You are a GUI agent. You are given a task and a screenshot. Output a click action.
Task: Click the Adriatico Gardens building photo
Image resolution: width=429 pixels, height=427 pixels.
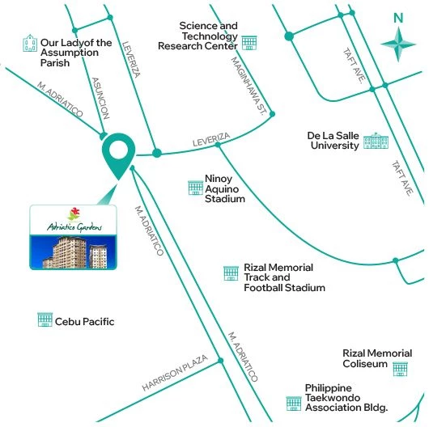pos(70,239)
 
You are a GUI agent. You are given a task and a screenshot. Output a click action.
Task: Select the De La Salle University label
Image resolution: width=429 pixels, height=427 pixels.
pos(332,140)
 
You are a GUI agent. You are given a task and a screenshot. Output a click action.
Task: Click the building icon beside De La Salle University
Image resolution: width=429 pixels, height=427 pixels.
pos(376,142)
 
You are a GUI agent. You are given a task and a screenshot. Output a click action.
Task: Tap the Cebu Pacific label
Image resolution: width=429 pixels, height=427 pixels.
pos(84,322)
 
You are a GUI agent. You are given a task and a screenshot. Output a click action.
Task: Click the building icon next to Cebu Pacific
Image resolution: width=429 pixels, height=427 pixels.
pos(45,320)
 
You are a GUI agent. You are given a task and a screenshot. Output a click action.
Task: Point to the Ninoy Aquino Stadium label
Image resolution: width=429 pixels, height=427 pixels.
pos(224,188)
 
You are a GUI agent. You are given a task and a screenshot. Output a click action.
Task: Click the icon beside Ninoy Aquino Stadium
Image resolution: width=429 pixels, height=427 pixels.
pos(194,188)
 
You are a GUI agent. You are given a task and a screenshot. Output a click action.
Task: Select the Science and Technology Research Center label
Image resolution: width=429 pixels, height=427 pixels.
pos(209,36)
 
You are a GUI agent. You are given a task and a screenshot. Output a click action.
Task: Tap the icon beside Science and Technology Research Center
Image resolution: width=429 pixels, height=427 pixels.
pos(248,41)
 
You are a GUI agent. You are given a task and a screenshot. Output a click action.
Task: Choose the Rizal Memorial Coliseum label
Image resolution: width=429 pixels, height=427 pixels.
pos(377,359)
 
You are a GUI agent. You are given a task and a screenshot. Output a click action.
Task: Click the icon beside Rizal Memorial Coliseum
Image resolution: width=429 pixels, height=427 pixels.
pos(399,369)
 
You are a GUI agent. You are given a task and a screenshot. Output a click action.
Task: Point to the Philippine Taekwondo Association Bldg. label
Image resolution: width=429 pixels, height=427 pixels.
pos(346,398)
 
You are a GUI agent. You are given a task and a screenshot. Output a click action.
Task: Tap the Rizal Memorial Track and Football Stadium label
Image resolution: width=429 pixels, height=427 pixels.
pos(284,277)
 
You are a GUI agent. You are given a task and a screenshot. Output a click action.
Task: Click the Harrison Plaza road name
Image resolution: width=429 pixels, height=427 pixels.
pos(175,374)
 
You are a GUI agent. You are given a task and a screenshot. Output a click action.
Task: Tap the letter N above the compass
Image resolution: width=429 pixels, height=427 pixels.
pos(397,18)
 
